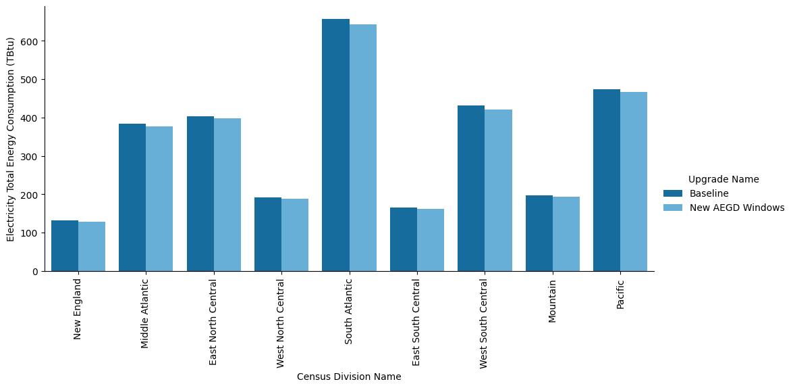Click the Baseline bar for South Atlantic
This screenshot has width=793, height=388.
click(x=335, y=145)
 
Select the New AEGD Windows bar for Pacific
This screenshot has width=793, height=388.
click(x=634, y=182)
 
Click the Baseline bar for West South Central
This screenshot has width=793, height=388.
click(x=471, y=189)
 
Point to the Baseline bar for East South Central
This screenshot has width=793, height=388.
click(x=404, y=239)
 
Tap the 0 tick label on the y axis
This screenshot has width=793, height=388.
click(x=37, y=272)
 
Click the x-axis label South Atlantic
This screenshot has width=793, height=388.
click(x=349, y=312)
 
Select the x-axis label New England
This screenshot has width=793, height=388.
click(x=78, y=308)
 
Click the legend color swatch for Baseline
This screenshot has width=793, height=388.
click(x=673, y=194)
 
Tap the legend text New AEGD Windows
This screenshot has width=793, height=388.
click(x=736, y=208)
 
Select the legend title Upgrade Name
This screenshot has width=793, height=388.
click(x=724, y=179)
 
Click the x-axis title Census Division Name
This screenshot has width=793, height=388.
click(x=349, y=377)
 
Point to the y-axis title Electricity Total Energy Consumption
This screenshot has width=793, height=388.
click(x=11, y=139)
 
